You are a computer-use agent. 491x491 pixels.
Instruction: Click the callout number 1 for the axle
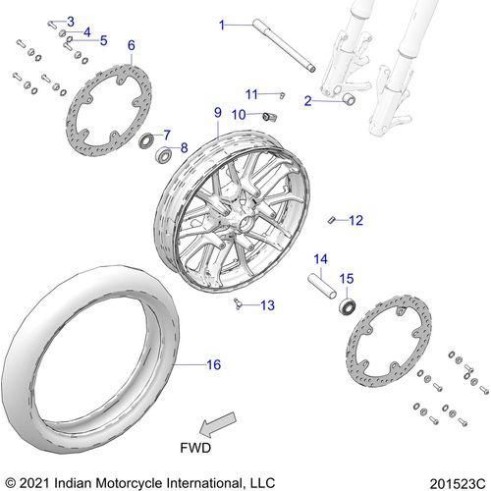(x=222, y=25)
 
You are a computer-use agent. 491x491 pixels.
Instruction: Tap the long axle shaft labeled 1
(x=284, y=46)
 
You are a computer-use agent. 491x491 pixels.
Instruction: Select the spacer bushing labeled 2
(x=349, y=99)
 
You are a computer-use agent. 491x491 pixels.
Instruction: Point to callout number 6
(x=132, y=45)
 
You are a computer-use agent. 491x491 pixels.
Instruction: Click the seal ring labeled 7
(x=146, y=140)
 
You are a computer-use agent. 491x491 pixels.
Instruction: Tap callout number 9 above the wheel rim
(x=218, y=113)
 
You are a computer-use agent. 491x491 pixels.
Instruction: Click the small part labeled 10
(x=270, y=116)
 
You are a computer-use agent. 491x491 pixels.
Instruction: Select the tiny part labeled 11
(x=283, y=95)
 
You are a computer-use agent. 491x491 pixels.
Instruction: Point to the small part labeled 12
(x=331, y=220)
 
